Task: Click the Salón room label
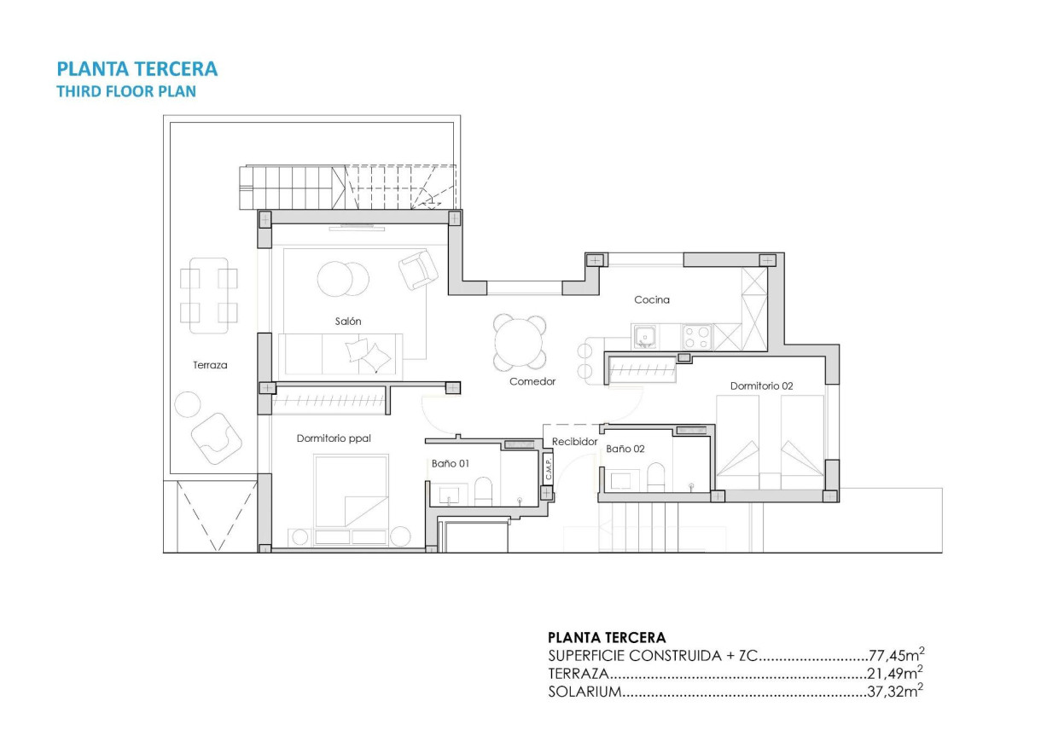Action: tap(348, 322)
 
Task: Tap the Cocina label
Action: tap(652, 299)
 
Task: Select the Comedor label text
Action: tap(532, 381)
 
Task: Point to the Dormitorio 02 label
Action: tap(762, 386)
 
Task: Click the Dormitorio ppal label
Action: tap(334, 438)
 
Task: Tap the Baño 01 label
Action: tap(449, 463)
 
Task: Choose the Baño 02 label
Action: tap(625, 448)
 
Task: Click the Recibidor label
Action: tap(574, 442)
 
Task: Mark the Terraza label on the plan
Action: tap(210, 365)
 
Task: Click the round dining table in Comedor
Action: tap(520, 340)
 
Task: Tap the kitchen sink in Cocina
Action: tap(645, 337)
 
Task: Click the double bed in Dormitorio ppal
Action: tap(351, 491)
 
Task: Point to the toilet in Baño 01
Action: tap(483, 490)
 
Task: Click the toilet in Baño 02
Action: tap(655, 476)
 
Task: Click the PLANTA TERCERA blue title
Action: tap(137, 68)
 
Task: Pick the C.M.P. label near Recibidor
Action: tap(548, 467)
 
